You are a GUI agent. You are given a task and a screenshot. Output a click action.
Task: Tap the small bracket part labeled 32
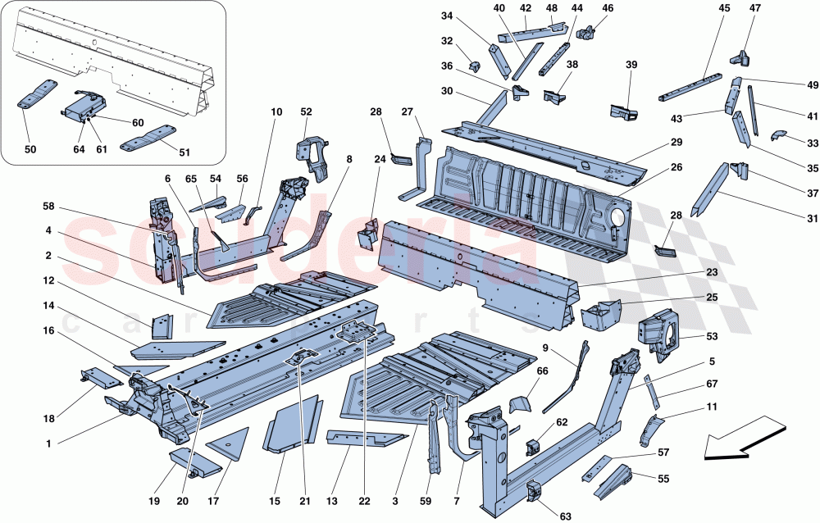click(x=474, y=65)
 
